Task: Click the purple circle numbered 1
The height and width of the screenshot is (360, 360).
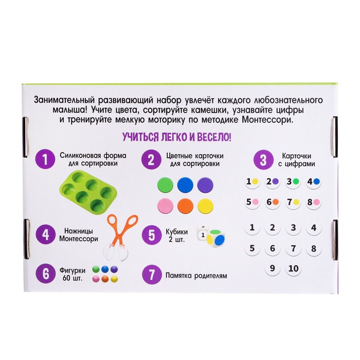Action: (45, 159)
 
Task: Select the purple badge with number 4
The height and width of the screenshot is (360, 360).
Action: (45, 235)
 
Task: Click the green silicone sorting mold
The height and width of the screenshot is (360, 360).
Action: (88, 192)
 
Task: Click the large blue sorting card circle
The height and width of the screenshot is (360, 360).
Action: (185, 185)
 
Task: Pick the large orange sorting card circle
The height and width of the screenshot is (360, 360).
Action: (185, 206)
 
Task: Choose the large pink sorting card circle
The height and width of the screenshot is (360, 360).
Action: (165, 206)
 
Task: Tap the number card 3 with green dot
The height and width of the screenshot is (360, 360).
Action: (293, 182)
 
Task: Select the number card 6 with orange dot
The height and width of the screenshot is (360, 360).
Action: (273, 203)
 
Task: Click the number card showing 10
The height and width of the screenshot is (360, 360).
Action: (293, 268)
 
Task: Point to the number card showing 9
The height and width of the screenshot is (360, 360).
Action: (273, 268)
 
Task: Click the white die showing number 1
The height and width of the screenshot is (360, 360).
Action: (202, 234)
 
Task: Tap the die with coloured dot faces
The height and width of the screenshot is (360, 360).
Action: (216, 239)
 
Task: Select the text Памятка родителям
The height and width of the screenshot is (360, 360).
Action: (196, 276)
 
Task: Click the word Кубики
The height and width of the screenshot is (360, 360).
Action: (177, 231)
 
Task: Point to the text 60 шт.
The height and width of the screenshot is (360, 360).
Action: (73, 279)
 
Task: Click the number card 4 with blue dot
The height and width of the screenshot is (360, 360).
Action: (314, 182)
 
